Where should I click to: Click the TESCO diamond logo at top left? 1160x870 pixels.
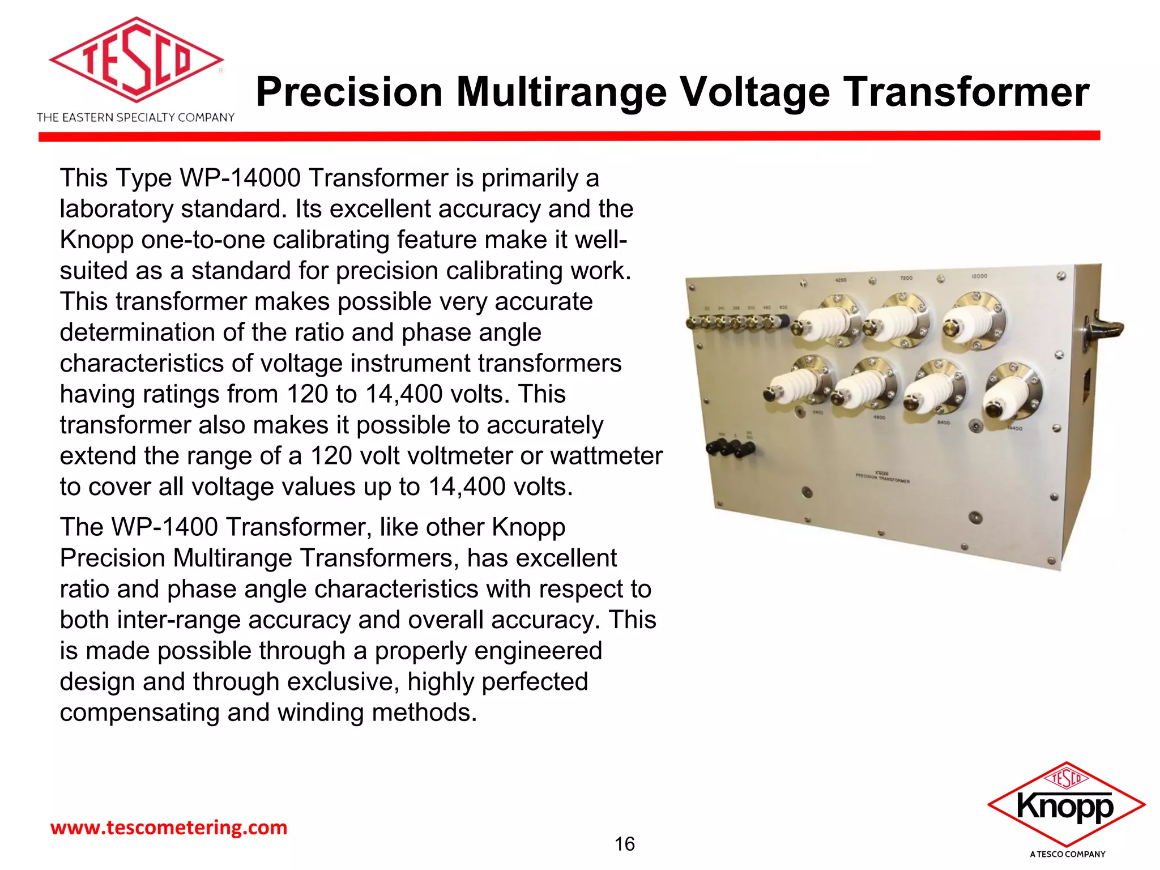(136, 60)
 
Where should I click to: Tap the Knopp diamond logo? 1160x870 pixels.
(1066, 804)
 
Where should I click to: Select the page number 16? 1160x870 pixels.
(624, 844)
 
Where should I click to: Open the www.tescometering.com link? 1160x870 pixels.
(169, 828)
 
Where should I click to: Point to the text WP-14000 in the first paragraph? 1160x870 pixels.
(240, 178)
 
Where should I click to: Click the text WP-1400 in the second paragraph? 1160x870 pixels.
(165, 527)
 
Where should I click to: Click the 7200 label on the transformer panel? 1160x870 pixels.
(906, 278)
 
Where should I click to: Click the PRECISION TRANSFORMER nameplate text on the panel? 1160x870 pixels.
(882, 477)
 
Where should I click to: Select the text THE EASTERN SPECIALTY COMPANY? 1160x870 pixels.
(135, 118)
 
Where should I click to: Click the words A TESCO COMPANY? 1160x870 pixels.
(1067, 854)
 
